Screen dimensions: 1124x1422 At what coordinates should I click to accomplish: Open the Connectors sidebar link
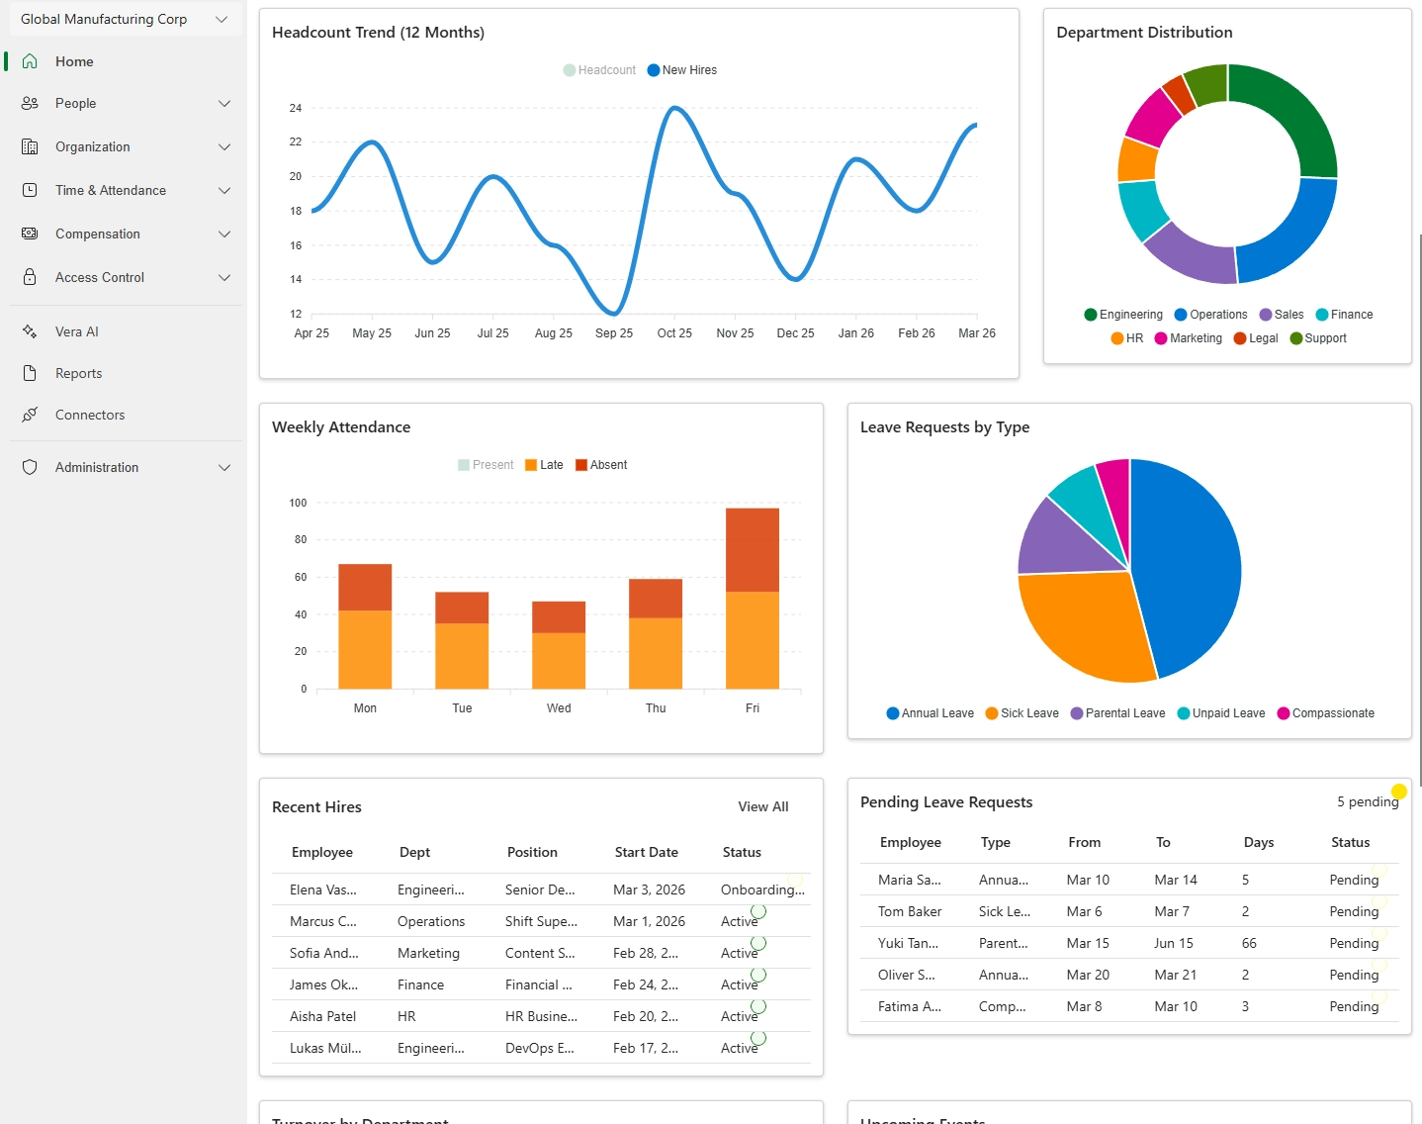pos(89,415)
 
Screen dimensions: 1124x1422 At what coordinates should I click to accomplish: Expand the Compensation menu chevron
pos(224,234)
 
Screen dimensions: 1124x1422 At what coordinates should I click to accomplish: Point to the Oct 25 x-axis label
pos(674,333)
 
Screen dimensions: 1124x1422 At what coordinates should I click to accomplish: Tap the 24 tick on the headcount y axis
pos(296,108)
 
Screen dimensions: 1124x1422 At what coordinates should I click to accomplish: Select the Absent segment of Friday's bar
pos(752,549)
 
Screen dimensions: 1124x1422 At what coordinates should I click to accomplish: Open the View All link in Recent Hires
pos(762,806)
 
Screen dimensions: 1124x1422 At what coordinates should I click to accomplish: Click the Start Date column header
pos(646,852)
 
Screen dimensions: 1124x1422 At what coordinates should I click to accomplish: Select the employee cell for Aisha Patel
pos(322,1016)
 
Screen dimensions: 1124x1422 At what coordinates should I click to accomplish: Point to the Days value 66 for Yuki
pos(1249,943)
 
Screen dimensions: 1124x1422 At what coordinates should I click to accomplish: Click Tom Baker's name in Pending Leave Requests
pos(909,911)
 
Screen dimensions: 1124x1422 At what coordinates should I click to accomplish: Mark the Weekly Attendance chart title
pos(341,427)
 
